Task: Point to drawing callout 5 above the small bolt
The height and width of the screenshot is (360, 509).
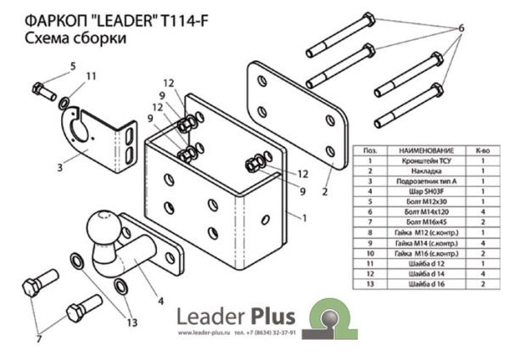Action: pos(73,66)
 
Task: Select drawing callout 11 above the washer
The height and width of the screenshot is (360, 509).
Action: pos(92,76)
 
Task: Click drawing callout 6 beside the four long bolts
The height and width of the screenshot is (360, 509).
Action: pos(461,28)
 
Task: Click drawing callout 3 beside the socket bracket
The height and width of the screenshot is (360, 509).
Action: pos(60,166)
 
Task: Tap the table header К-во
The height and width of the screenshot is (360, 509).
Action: pos(481,149)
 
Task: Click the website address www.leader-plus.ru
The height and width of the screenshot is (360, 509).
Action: pos(204,333)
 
